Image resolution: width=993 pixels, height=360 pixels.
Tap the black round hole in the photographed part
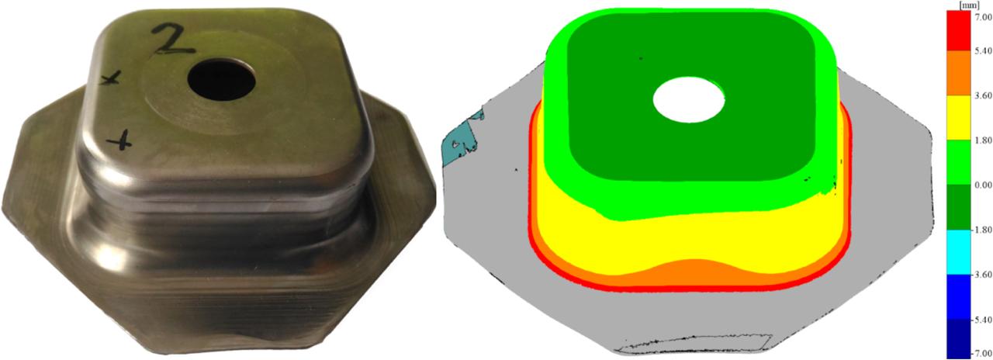click(x=221, y=79)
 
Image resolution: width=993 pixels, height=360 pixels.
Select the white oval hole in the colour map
click(x=689, y=100)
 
